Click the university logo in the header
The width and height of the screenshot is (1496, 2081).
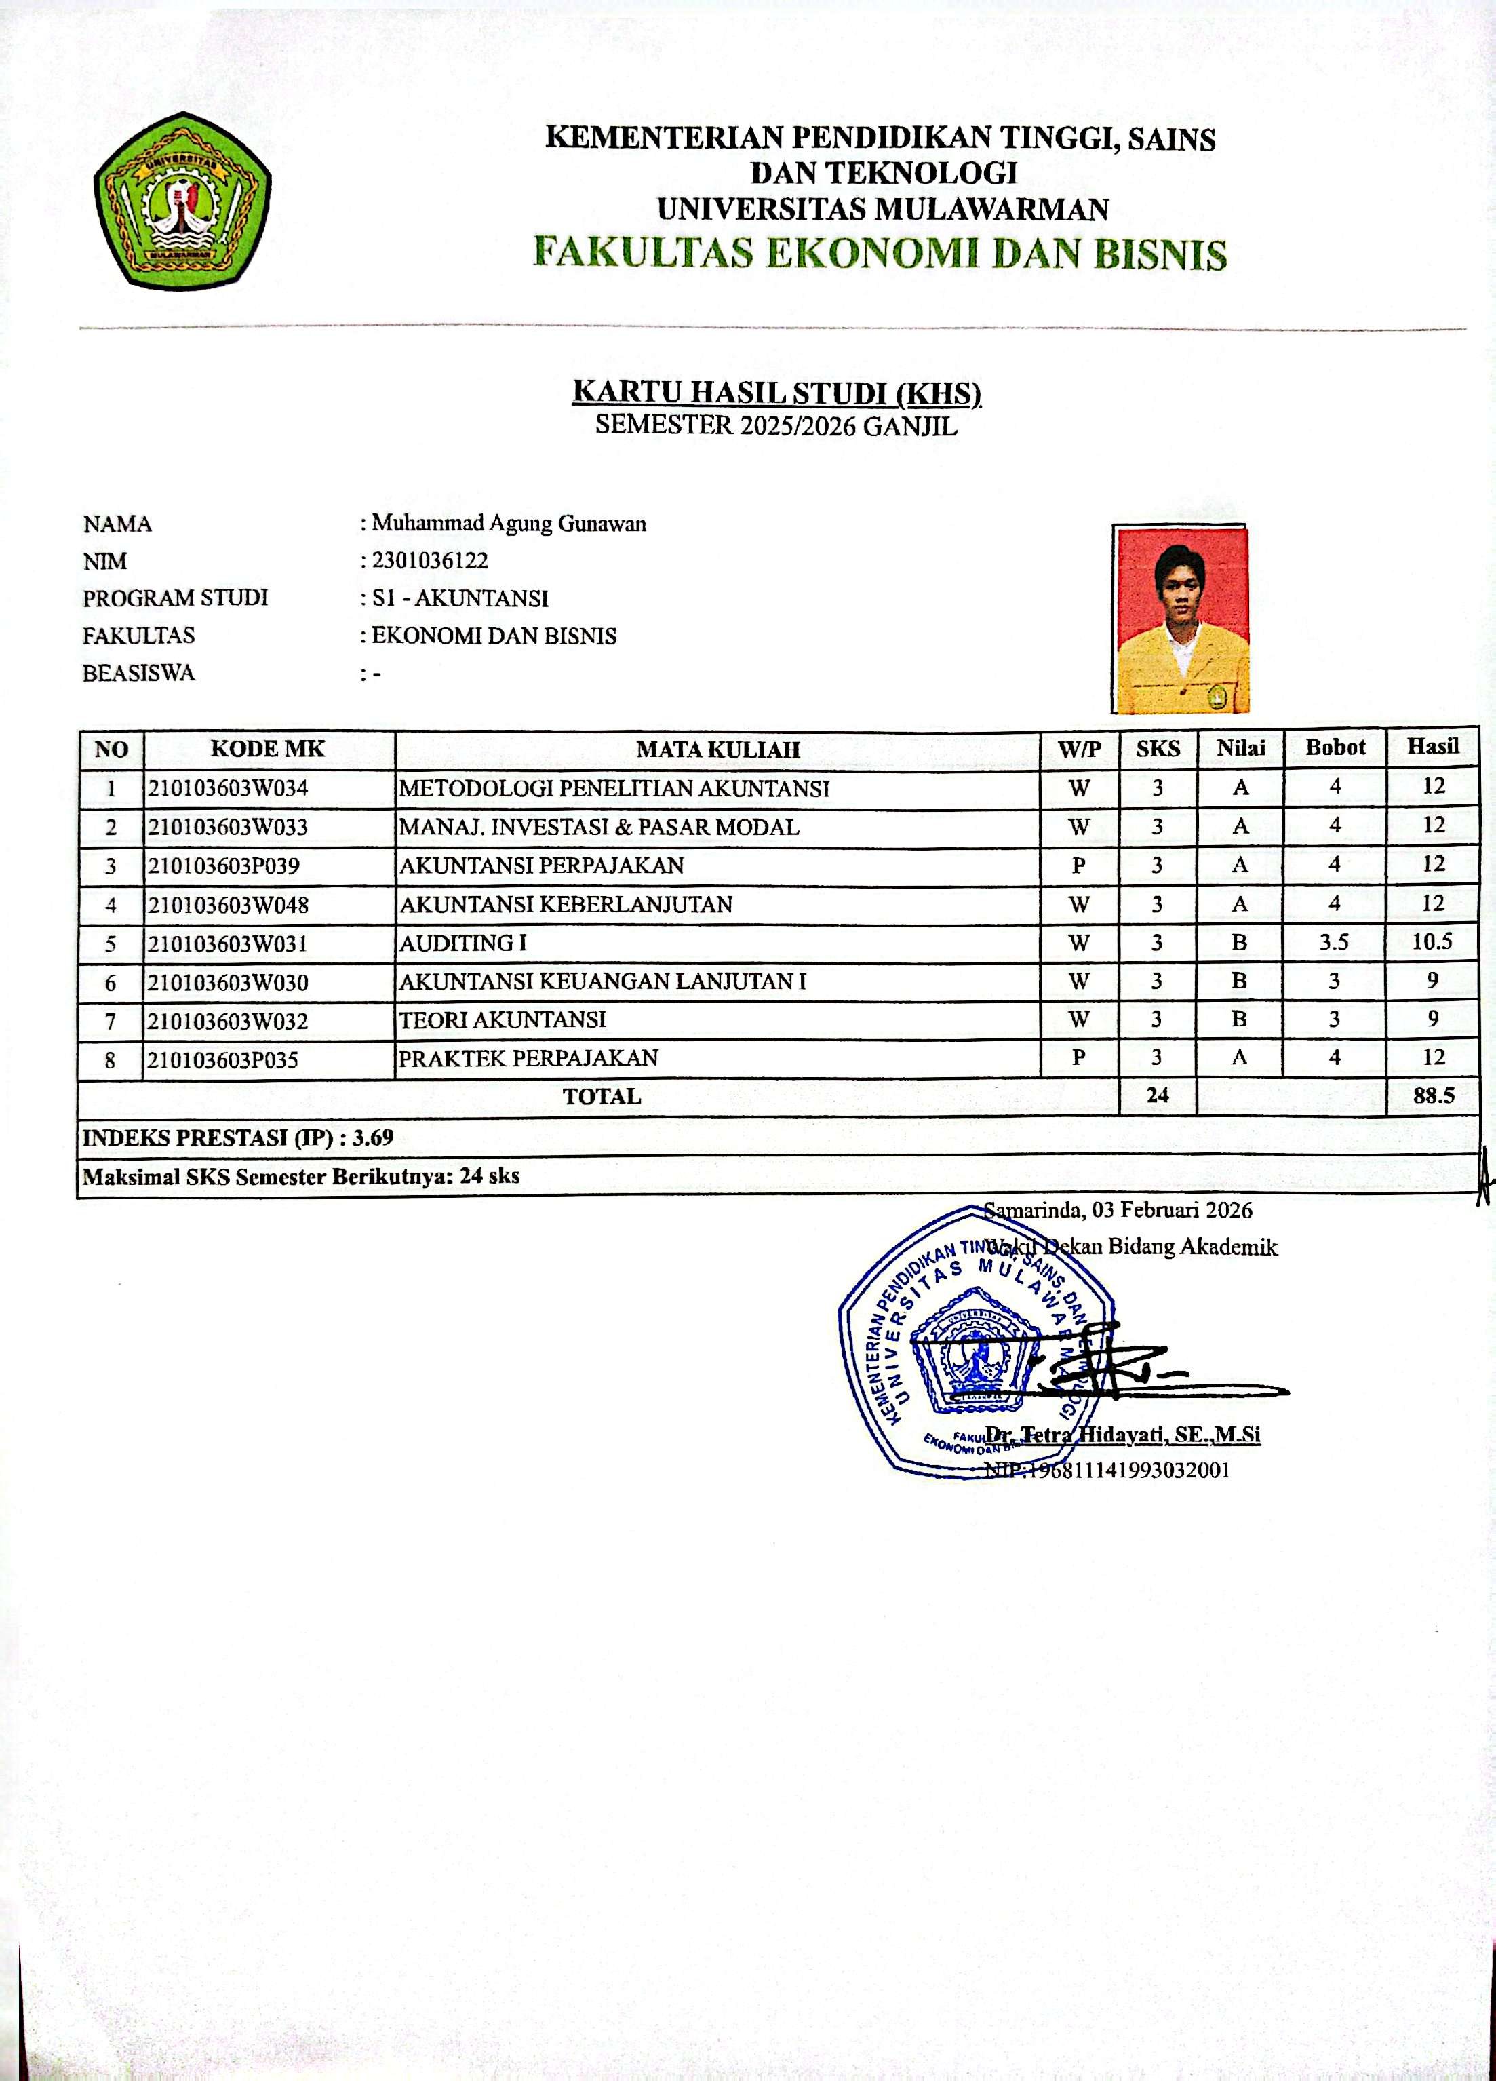182,201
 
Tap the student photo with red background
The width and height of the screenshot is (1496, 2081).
1181,619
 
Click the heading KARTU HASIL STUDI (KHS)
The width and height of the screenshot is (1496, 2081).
776,392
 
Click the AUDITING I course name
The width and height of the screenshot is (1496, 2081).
463,944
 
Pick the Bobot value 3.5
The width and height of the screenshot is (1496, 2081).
1334,942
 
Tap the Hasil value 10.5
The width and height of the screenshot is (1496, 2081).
1432,941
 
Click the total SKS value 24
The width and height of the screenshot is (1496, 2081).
1158,1095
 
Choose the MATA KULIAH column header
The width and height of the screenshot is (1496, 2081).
718,750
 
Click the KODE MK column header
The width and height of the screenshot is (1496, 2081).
268,749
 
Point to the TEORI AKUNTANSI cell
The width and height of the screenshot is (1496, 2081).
503,1019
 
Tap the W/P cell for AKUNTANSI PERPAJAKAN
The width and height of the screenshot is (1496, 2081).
1079,866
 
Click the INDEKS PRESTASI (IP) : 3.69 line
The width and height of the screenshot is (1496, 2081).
239,1137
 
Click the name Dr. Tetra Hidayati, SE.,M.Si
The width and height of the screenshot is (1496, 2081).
1123,1435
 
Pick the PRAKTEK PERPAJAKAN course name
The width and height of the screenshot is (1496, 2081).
528,1058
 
